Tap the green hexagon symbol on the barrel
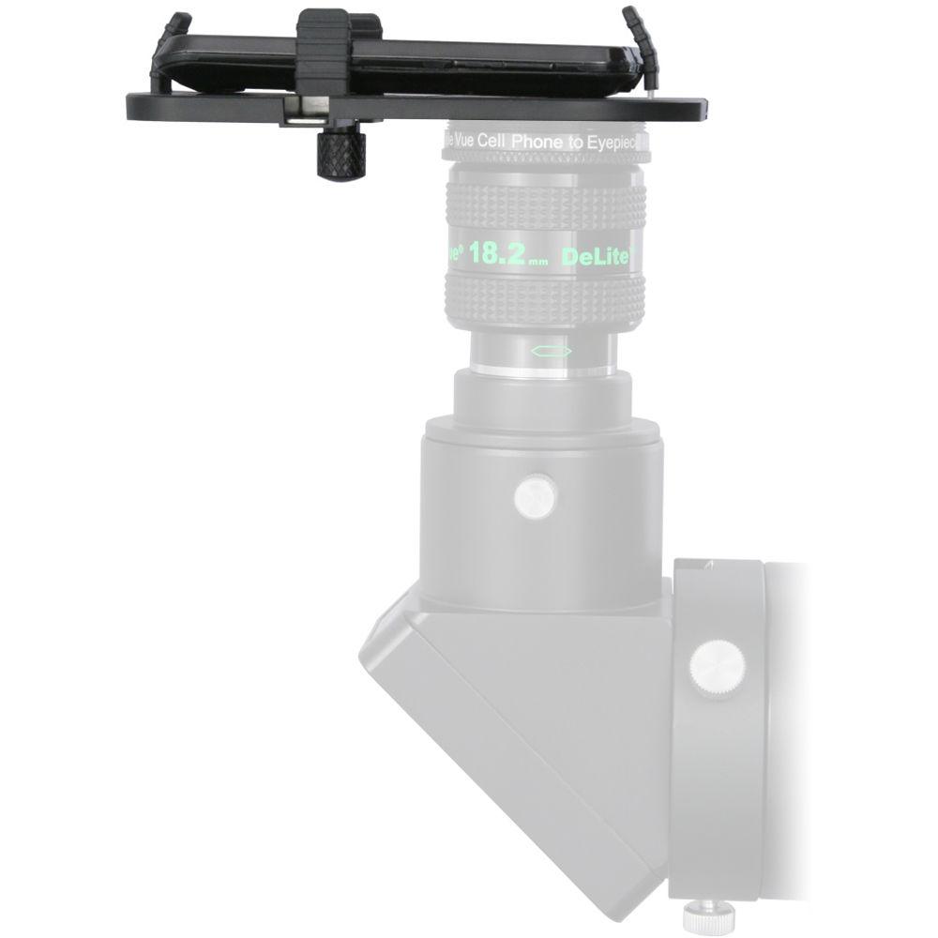pyautogui.click(x=551, y=350)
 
